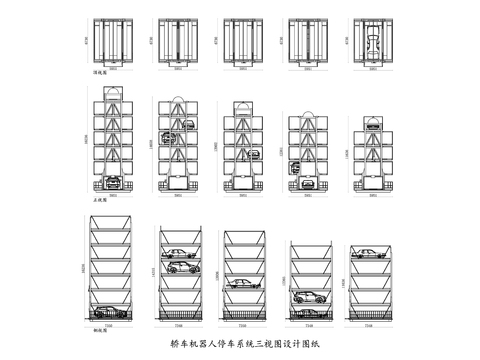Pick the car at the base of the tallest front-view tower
click(x=113, y=182)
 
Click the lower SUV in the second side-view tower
click(x=176, y=267)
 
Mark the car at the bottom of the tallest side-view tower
click(x=113, y=311)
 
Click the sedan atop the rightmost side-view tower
click(x=369, y=251)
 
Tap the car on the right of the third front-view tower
click(x=255, y=154)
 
